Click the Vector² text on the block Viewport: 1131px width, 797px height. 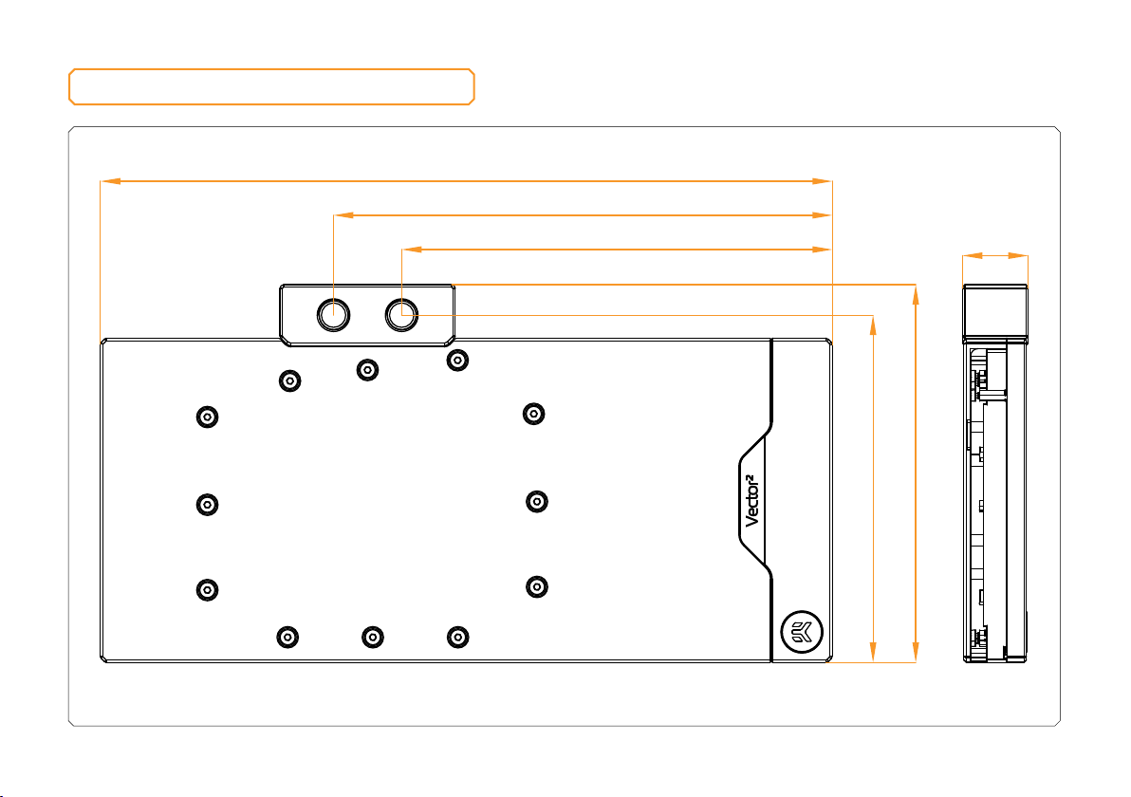pos(751,501)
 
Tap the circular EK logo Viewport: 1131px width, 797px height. pos(802,632)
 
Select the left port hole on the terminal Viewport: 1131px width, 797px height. pos(333,315)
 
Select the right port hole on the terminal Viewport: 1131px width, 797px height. pos(401,314)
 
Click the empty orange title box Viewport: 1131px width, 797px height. pos(271,87)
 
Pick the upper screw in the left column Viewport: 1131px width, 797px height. pos(207,417)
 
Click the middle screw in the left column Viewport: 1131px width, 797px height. pos(207,504)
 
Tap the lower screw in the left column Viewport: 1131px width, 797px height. pos(207,590)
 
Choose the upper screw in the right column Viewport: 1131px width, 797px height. pos(533,414)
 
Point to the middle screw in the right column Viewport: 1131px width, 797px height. pos(537,501)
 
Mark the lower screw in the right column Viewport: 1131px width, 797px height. pos(537,587)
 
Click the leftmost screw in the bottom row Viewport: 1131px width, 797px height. pos(287,637)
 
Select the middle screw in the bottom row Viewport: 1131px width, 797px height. pos(372,637)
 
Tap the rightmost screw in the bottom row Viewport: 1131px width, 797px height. pos(457,637)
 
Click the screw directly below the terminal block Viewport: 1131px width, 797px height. pos(367,370)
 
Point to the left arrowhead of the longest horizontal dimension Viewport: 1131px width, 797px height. pos(110,181)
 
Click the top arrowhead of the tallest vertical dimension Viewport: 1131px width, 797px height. pos(916,294)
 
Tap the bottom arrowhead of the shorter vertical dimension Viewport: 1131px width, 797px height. pos(873,652)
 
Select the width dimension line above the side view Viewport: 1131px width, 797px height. pos(995,255)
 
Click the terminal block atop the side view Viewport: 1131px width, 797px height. pos(995,311)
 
